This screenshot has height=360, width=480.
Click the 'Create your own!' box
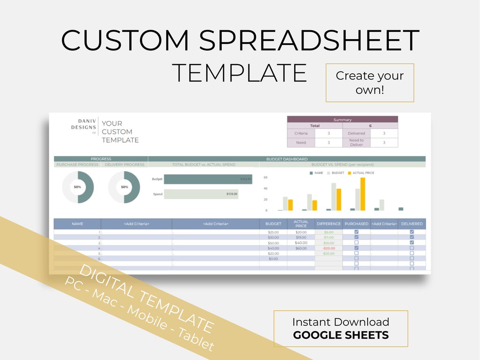370,83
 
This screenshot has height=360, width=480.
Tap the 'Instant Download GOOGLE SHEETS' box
340,328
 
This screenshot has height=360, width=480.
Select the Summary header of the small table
342,120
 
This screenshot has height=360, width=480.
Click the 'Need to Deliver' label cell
356,143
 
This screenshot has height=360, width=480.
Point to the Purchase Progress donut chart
78,187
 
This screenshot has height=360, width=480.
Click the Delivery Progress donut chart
124,187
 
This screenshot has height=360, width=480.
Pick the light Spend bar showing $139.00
201,194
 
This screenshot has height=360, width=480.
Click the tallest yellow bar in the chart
363,194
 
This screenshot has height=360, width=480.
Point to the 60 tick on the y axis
265,177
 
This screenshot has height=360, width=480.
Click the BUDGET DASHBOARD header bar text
287,159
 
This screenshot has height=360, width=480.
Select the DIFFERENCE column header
329,224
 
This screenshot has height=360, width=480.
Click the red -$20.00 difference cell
329,248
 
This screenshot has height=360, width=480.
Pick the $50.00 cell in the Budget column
273,243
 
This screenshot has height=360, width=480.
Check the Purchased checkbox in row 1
356,232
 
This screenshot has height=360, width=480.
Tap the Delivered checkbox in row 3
412,243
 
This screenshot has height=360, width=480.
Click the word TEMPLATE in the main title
239,73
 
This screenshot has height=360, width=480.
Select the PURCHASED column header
356,224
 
